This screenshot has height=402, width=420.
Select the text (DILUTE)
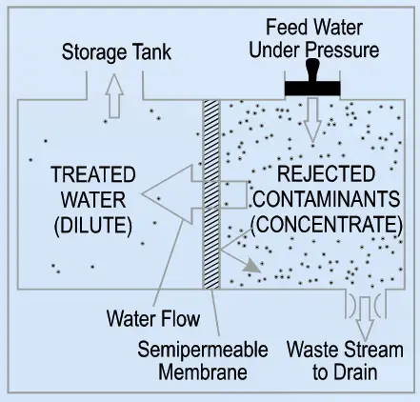94,224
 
